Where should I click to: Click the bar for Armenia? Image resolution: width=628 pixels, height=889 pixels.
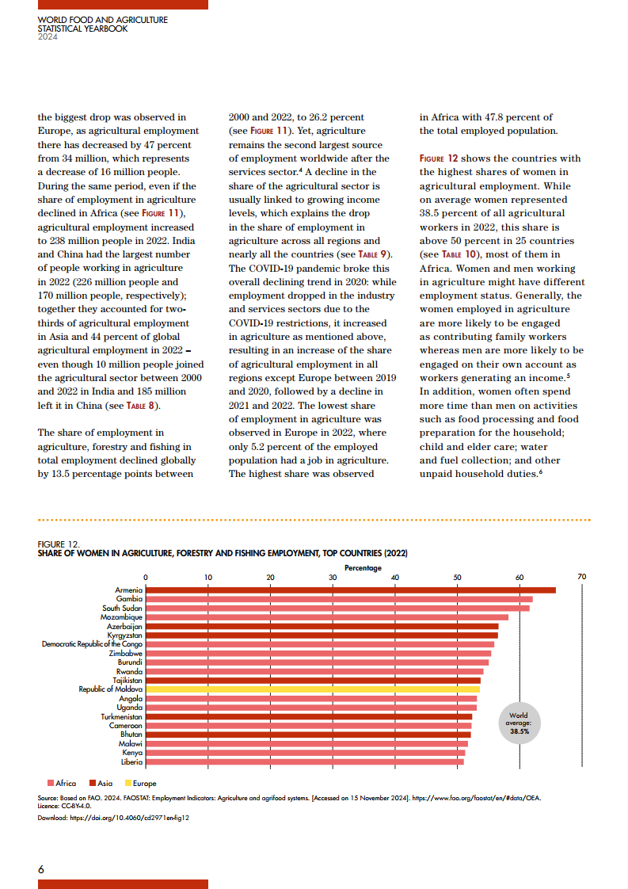pyautogui.click(x=350, y=589)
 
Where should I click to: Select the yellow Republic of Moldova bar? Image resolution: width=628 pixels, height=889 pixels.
pyautogui.click(x=312, y=689)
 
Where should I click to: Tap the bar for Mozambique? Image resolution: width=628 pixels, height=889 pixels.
pyautogui.click(x=326, y=616)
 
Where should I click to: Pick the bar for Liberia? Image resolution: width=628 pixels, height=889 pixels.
pyautogui.click(x=304, y=761)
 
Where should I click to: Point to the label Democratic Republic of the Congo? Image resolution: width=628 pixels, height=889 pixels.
pyautogui.click(x=92, y=644)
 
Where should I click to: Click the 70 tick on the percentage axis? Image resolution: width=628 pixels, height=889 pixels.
pyautogui.click(x=581, y=577)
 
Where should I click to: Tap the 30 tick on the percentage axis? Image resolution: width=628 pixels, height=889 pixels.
pyautogui.click(x=333, y=577)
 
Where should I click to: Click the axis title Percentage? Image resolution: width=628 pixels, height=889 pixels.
pyautogui.click(x=363, y=567)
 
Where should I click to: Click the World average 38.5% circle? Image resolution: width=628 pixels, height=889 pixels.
pyautogui.click(x=519, y=723)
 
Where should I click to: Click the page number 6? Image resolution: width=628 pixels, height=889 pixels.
pyautogui.click(x=41, y=869)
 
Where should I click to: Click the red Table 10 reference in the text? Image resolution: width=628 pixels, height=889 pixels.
pyautogui.click(x=450, y=254)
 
